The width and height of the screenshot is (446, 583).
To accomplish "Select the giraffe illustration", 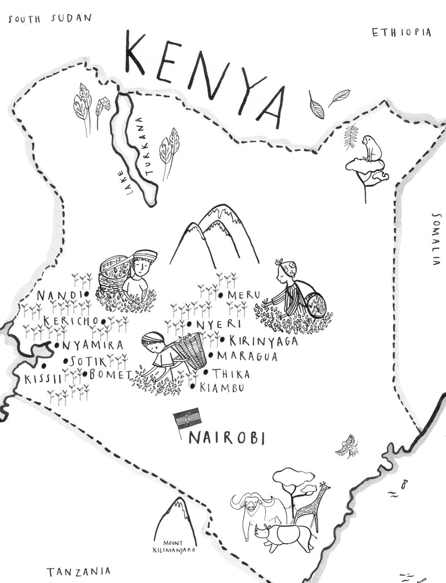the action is pyautogui.click(x=312, y=507).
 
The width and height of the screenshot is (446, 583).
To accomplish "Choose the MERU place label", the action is pyautogui.click(x=243, y=295).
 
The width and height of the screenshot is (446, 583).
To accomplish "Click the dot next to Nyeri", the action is pyautogui.click(x=189, y=324).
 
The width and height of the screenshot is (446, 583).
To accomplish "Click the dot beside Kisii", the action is pyautogui.click(x=44, y=366).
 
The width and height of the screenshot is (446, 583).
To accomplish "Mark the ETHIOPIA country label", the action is pyautogui.click(x=401, y=32).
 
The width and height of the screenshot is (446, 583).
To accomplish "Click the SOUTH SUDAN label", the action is pyautogui.click(x=49, y=18).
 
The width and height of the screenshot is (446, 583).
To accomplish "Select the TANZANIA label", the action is pyautogui.click(x=79, y=571).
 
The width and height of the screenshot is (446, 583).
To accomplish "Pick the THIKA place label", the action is pyautogui.click(x=230, y=374).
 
